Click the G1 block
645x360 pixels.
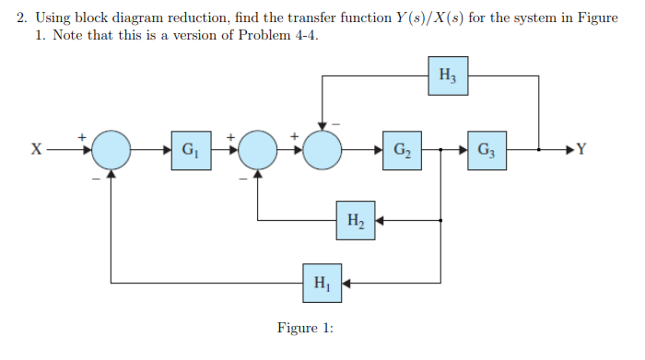(x=189, y=148)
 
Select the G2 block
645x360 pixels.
(x=402, y=148)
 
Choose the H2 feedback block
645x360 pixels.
(x=356, y=220)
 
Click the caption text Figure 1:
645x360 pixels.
(x=305, y=329)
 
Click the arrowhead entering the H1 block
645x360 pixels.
(x=347, y=283)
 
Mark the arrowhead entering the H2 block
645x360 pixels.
(x=380, y=220)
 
